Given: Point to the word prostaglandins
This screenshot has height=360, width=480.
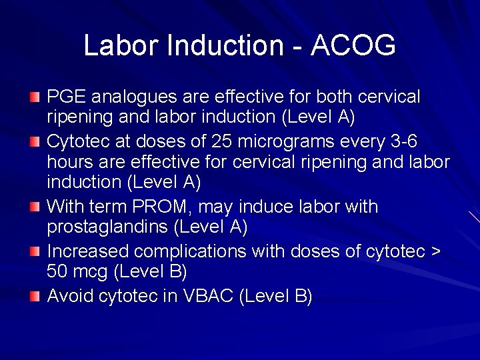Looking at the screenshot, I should [x=107, y=227].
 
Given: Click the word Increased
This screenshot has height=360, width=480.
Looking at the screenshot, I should [x=88, y=251].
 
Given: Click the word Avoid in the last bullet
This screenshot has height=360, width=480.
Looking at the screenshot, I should [x=71, y=295].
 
